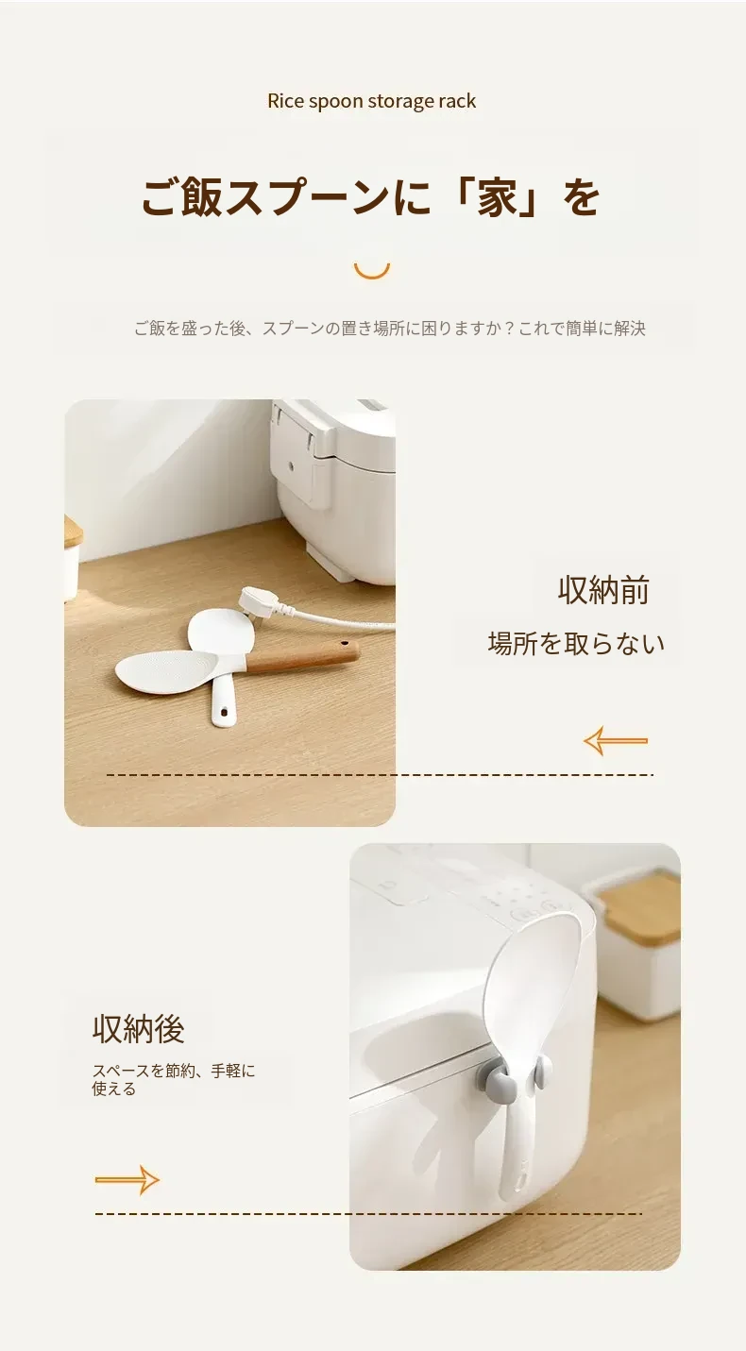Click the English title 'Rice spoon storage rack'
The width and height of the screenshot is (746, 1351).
371,101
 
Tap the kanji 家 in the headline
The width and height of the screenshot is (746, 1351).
498,197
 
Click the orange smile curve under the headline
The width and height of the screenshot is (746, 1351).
372,271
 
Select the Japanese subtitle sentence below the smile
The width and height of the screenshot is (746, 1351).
390,329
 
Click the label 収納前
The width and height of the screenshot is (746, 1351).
603,590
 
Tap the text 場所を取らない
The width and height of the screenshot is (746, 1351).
576,644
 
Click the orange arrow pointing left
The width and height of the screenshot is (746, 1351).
615,740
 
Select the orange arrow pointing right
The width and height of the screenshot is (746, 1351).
127,1180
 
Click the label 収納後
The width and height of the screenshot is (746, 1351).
138,1029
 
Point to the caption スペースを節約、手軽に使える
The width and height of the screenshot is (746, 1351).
174,1080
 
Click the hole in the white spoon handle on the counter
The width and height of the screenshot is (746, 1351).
221,713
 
